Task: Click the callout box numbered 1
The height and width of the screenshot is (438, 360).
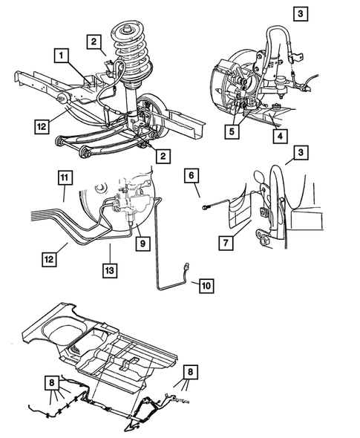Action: pos(61,54)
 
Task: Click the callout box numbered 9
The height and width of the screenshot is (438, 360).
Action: pos(139,242)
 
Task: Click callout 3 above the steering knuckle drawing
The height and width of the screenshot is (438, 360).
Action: pos(300,13)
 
